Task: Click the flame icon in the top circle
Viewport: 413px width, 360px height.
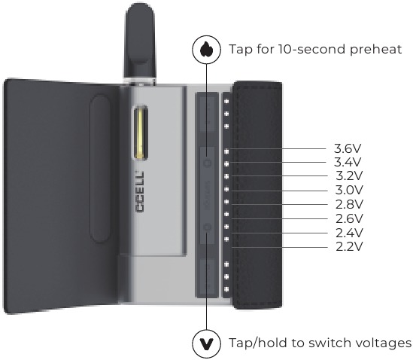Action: (x=206, y=49)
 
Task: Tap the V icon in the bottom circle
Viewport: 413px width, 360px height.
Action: (x=206, y=343)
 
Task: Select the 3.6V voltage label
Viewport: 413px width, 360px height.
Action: (x=348, y=149)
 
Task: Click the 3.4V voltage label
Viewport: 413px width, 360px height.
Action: (x=348, y=162)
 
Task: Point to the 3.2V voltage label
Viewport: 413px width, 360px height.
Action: (x=349, y=175)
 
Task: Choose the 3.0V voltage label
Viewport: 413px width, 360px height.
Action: (x=349, y=190)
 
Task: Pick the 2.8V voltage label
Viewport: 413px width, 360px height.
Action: (x=349, y=204)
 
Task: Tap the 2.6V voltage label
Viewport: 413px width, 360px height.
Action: (x=349, y=218)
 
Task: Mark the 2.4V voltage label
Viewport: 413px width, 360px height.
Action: (x=349, y=233)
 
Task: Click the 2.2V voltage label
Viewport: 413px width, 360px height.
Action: (x=349, y=246)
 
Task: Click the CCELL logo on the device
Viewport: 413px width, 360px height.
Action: (x=140, y=191)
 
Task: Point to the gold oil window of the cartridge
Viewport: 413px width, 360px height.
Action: (x=141, y=133)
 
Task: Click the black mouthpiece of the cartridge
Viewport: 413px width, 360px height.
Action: (x=140, y=40)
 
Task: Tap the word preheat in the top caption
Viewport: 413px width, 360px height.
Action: (x=376, y=50)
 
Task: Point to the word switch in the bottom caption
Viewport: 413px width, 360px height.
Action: (x=329, y=343)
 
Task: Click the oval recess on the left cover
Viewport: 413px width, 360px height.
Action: (x=100, y=168)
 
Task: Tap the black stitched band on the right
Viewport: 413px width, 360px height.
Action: (x=257, y=195)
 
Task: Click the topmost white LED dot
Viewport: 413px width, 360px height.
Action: (x=226, y=101)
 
